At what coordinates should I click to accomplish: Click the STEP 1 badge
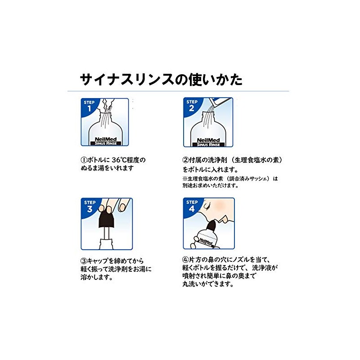89,107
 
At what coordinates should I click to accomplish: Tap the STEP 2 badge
191,107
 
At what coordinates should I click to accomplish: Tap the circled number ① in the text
83,160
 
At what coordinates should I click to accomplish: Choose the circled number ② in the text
185,160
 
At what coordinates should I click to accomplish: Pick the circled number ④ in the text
185,259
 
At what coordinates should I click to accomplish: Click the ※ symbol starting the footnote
185,178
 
